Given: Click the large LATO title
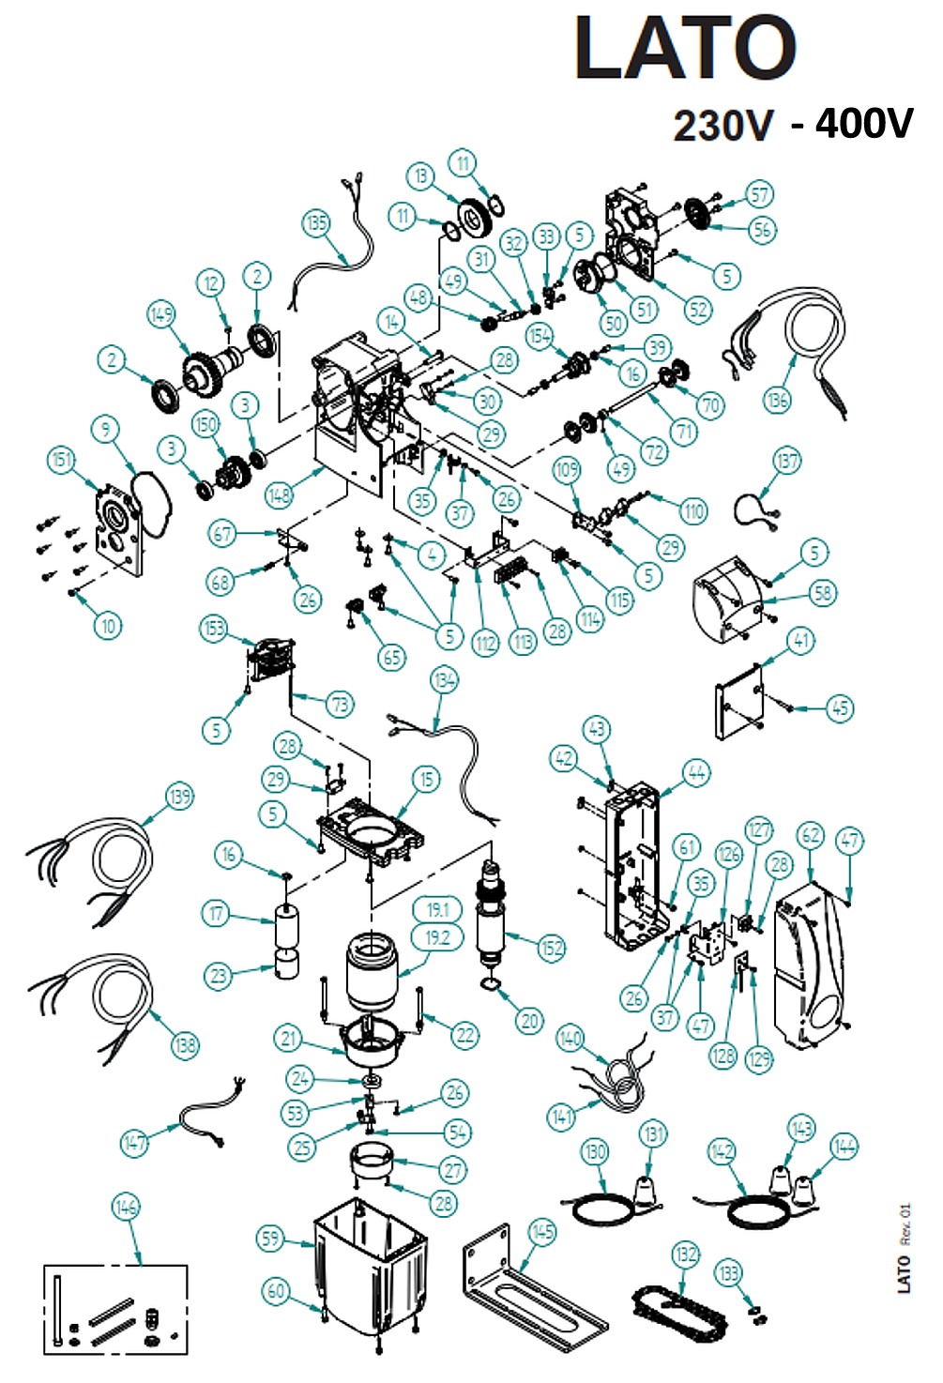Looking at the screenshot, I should coord(685,49).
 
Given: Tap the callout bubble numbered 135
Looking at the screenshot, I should coord(316,223).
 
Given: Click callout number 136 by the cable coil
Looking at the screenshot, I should coord(777,400).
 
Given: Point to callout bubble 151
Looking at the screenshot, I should coord(61,459).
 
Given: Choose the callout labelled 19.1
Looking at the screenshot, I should coord(437,909).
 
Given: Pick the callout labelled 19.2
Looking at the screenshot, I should coord(437,937).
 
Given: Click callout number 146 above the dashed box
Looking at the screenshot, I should coord(126,1207).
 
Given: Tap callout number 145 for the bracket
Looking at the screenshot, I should coord(542,1231).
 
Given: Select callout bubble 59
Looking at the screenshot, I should coord(270,1239).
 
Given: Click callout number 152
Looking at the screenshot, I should coord(552,948).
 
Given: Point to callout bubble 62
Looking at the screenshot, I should coord(811,835).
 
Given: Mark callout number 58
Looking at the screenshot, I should coord(823,592).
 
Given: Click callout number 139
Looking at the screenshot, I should coord(179,797).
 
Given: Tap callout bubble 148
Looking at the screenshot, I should coord(279,494).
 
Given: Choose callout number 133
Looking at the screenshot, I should coord(728,1273).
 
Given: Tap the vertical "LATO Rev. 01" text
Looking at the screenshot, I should coord(905,1248).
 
